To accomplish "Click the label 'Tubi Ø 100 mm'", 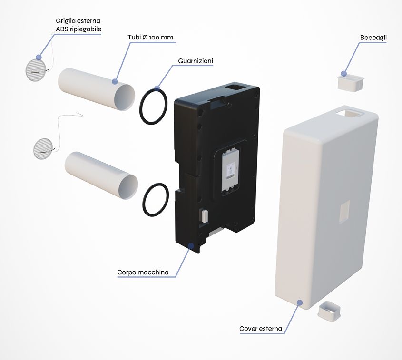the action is tap(150, 37).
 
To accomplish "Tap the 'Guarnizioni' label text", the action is tap(196, 61).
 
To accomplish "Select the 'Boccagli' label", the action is tap(373, 38).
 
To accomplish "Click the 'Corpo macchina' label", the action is tap(143, 272).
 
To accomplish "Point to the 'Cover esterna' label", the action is tap(261, 329).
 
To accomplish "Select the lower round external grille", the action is tap(42, 148).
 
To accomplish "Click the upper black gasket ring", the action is tap(140, 107).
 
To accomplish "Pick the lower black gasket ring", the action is tap(144, 200).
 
